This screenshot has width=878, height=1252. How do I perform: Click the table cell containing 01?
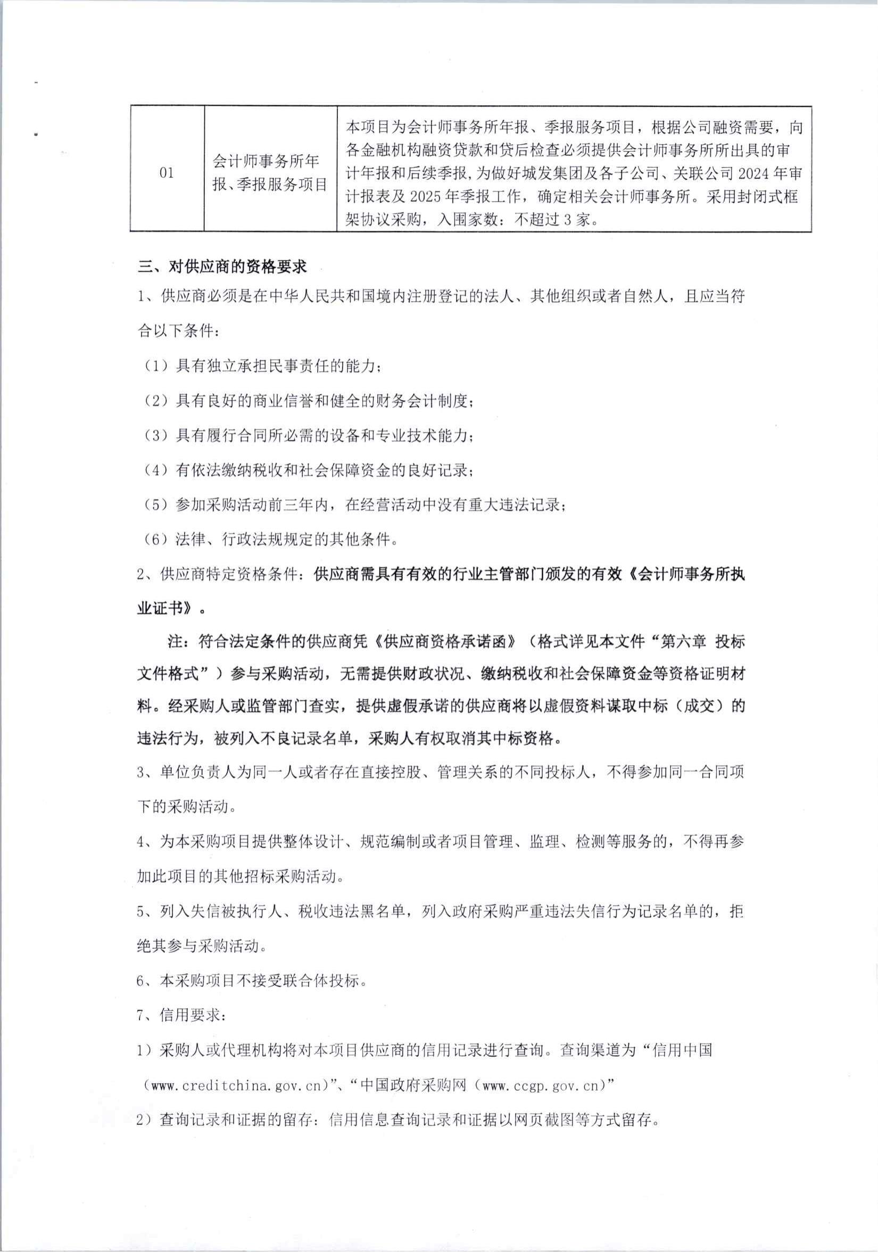pyautogui.click(x=167, y=173)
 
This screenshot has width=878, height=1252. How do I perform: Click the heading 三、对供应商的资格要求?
pyautogui.click(x=222, y=267)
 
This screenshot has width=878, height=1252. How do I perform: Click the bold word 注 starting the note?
pyautogui.click(x=175, y=641)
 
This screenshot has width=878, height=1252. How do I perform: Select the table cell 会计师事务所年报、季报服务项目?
pyautogui.click(x=269, y=173)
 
